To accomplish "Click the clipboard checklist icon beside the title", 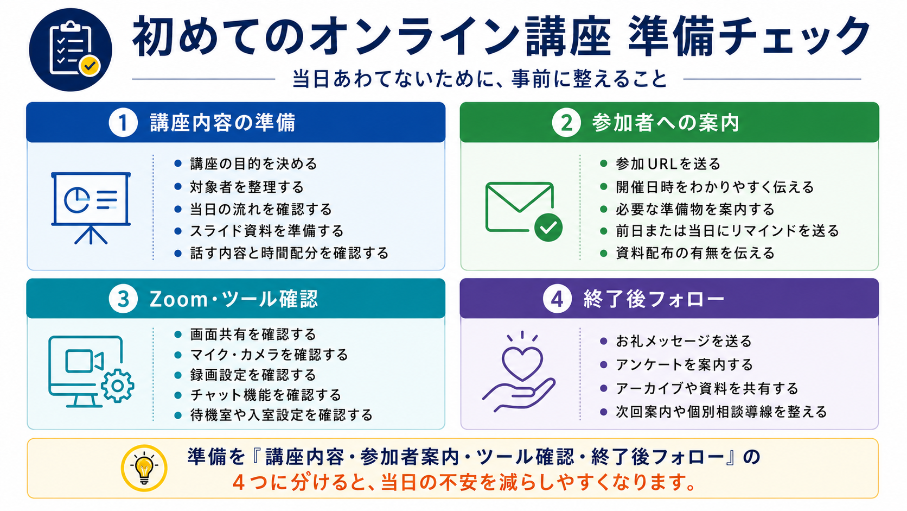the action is pos(71,49).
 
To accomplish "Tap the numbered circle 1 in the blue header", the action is pos(123,122).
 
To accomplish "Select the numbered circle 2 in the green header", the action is pos(566,122).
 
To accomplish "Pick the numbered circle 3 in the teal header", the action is pos(123,299).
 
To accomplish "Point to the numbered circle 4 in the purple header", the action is pos(557,299).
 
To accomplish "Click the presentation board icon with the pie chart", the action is pos(91,208).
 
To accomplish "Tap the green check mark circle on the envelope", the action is pos(548,228).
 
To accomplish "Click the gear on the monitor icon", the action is pos(117,386).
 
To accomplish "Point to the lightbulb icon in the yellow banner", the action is pos(144,468).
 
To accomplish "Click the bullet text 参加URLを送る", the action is pos(668,163).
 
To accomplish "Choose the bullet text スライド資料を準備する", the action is pos(267,231).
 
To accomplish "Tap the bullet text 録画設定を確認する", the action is pos(253,375).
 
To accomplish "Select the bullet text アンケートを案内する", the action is pos(684,365).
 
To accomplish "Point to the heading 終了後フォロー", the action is pos(654,299).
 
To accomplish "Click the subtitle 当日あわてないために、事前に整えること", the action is pos(480,79).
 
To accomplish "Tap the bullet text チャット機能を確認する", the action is pos(266,395).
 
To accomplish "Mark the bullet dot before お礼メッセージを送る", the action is pos(603,341).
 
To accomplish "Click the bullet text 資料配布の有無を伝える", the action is pos(695,253).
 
